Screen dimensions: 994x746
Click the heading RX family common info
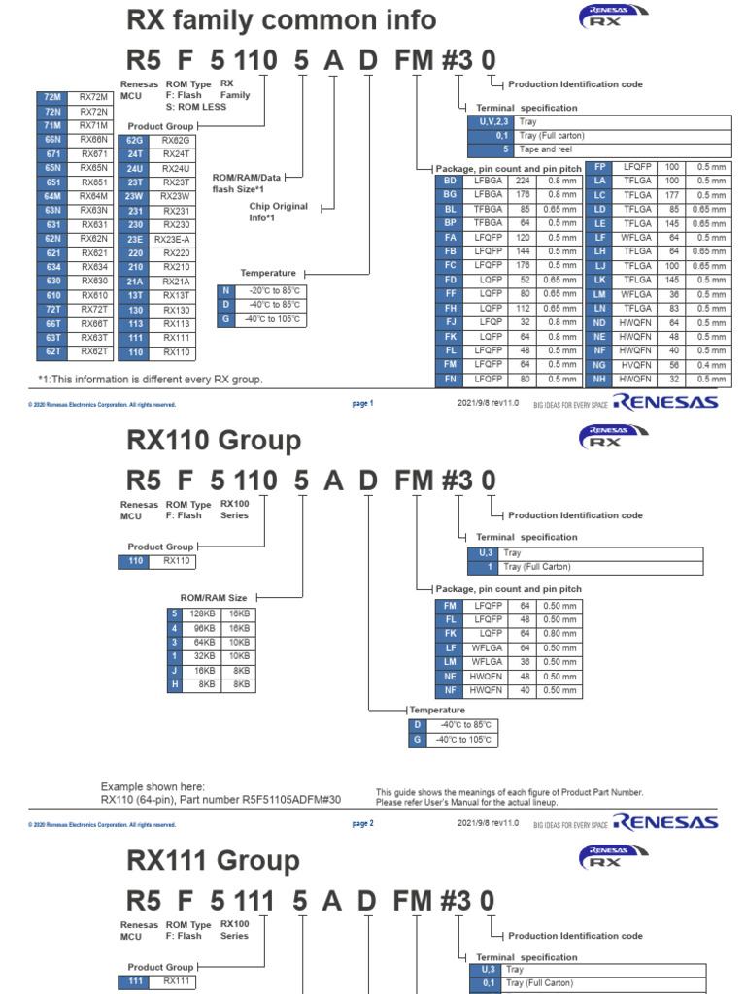[282, 20]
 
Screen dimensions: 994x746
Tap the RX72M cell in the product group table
[94, 97]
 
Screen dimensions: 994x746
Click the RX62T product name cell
[94, 351]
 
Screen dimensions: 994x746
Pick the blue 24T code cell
[135, 154]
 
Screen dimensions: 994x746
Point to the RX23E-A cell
[176, 239]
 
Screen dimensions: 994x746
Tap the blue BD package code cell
[450, 181]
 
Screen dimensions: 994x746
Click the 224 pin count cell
[523, 181]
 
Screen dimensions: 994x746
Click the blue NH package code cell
[599, 379]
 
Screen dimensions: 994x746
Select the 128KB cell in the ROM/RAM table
[201, 613]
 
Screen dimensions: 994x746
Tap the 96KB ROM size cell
[201, 628]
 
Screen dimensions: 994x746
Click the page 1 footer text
[362, 403]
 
